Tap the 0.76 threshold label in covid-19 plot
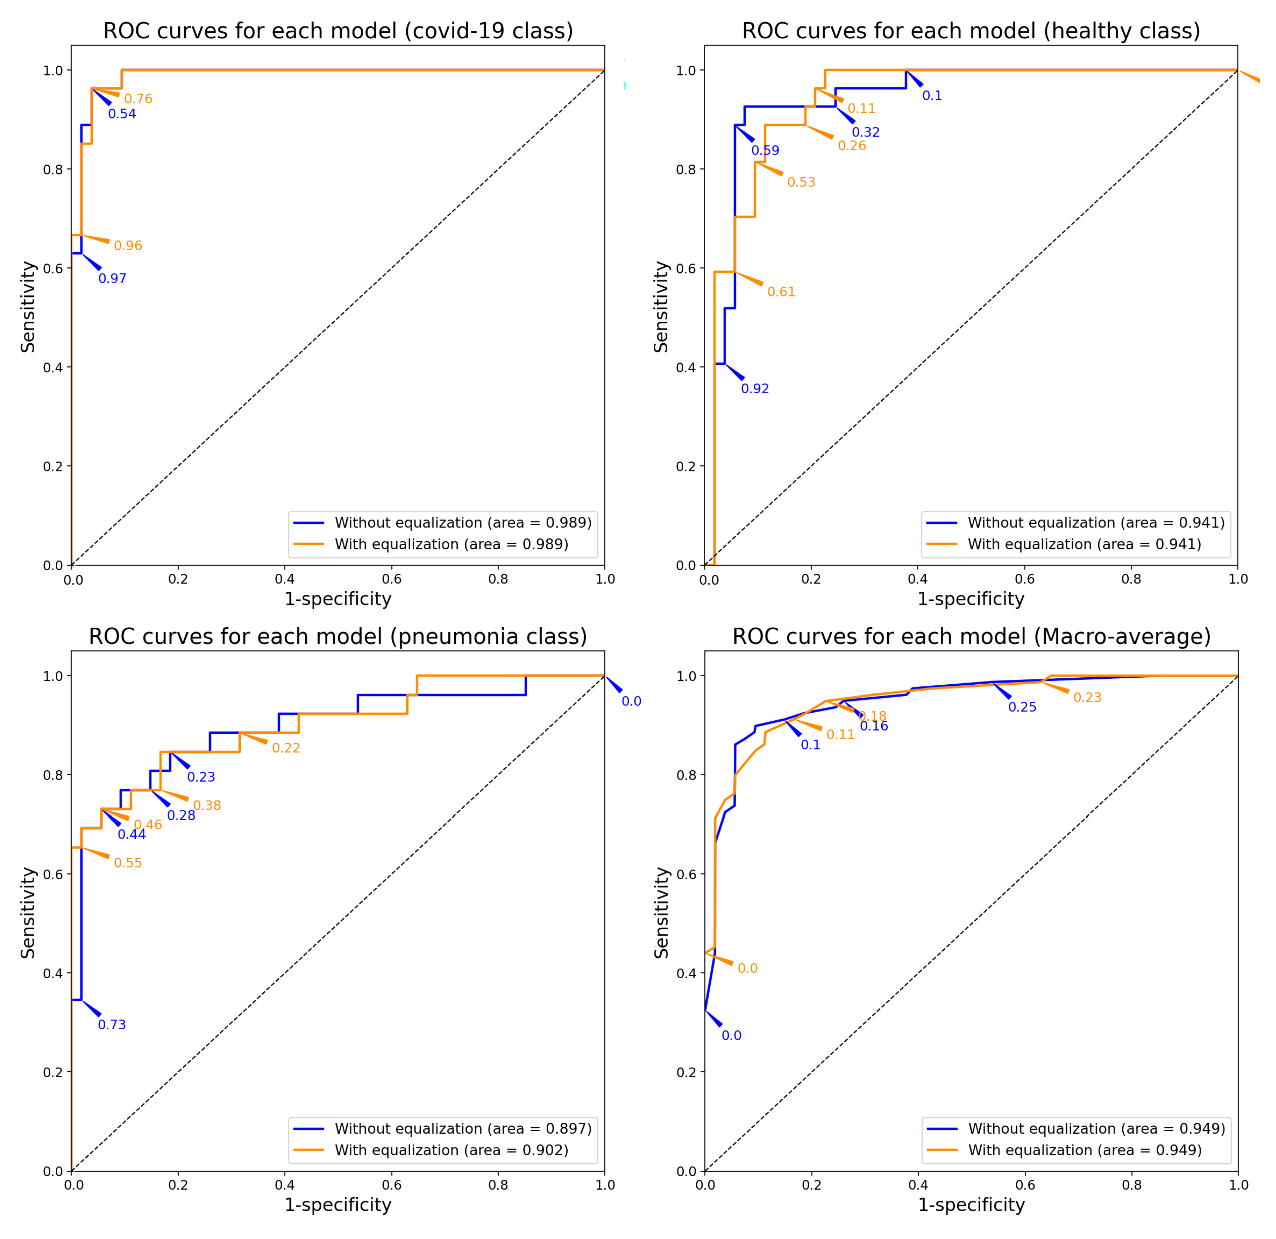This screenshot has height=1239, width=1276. (138, 99)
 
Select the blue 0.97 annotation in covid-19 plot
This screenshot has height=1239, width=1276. (112, 279)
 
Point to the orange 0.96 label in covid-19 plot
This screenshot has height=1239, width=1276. (128, 246)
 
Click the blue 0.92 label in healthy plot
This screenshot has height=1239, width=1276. (754, 389)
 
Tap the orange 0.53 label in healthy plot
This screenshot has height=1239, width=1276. (801, 182)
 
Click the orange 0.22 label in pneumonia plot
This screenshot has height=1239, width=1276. (286, 748)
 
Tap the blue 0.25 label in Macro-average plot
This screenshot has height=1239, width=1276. (1022, 707)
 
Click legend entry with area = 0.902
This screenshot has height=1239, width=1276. (450, 1151)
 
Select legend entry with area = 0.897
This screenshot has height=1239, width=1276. (462, 1129)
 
